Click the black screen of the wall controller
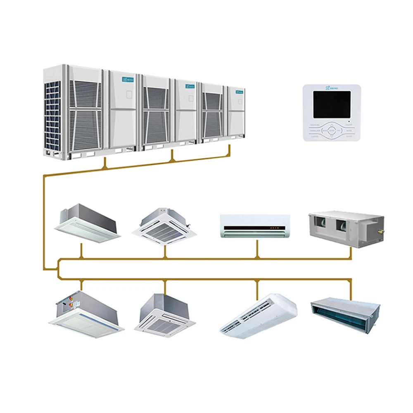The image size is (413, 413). (x=332, y=104)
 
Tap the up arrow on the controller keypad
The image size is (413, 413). (x=332, y=125)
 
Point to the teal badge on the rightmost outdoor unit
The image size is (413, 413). (x=239, y=92)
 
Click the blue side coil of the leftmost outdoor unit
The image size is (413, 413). (x=52, y=116)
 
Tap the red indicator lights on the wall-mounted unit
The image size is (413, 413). (x=274, y=228)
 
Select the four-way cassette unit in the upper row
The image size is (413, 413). (x=164, y=227)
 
